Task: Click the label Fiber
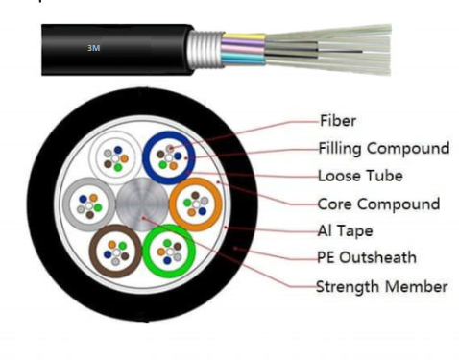338,122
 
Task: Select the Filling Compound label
383,149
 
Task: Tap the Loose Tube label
360,177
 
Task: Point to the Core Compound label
378,204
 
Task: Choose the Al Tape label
345,231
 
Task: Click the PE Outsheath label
366,258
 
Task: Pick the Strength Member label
381,286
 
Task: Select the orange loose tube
196,204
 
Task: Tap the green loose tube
169,251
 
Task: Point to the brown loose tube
116,252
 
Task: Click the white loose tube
115,156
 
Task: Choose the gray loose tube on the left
87,204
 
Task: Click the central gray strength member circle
142,204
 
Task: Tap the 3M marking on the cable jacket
93,46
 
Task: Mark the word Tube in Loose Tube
384,177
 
